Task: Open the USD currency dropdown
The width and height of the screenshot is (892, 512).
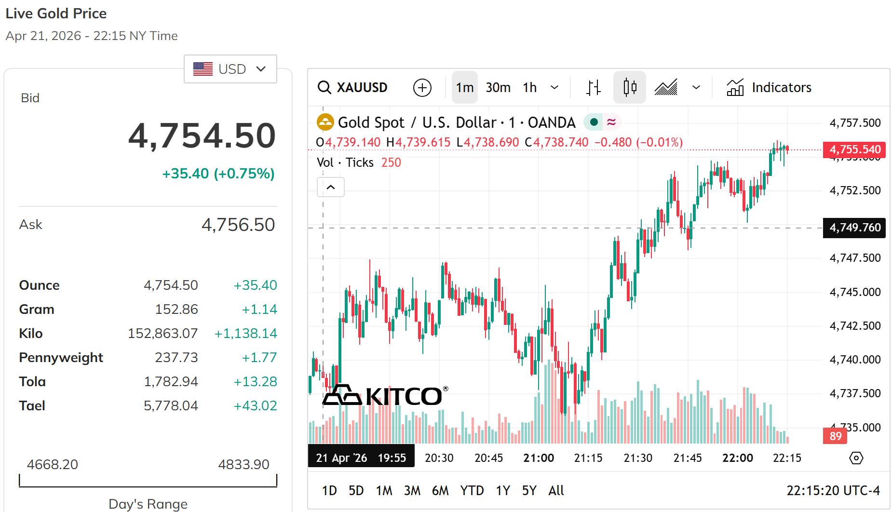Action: (230, 69)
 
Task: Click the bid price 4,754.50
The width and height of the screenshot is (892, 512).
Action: (202, 135)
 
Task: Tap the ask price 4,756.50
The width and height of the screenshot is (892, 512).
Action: (238, 225)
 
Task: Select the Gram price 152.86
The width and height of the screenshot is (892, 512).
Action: (176, 309)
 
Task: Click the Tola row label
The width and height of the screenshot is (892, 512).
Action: (32, 381)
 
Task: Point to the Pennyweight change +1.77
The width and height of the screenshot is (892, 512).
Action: (259, 357)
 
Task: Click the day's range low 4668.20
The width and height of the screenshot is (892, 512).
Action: (52, 464)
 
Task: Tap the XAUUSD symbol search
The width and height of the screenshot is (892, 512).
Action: (353, 87)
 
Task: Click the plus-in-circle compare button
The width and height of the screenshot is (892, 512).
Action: (422, 88)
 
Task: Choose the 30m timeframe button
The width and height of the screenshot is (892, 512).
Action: (498, 87)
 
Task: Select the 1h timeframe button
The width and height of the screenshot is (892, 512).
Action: (529, 87)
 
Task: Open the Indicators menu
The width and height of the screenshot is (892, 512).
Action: (769, 87)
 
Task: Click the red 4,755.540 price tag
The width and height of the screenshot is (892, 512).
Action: (854, 149)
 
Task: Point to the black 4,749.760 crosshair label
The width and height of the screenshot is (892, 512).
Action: (854, 228)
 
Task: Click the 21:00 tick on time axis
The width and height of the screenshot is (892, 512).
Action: (539, 458)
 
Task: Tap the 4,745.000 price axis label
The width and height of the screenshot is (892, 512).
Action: (855, 292)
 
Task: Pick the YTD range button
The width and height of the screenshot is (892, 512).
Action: (472, 490)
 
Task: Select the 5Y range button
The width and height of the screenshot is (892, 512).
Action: (529, 490)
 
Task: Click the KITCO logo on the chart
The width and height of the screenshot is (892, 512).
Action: (385, 396)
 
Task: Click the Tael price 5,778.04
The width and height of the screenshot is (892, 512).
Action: (171, 405)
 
